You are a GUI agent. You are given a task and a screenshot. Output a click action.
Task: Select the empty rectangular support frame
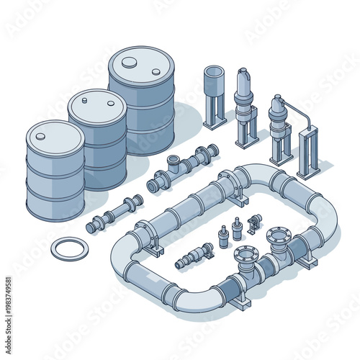click(308, 151)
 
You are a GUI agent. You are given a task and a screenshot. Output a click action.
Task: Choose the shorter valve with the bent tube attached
click(279, 126)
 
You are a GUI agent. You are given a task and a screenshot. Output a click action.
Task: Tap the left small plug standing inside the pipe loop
click(223, 237)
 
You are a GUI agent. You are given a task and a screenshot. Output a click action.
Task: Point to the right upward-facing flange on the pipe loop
click(278, 235)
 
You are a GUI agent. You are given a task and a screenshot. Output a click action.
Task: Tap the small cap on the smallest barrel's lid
click(40, 135)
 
